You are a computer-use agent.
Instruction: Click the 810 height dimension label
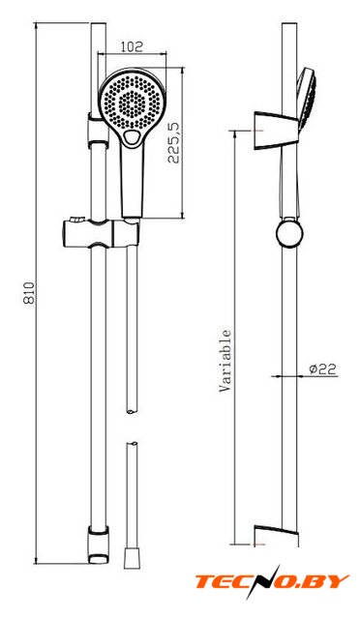29,292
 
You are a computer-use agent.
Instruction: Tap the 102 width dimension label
132,46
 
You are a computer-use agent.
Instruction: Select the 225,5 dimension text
174,142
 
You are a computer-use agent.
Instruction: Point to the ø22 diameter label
322,368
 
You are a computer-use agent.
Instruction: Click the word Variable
225,361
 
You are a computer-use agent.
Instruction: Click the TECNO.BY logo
272,581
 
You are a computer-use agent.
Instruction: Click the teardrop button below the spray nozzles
131,137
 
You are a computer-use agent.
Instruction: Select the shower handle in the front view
132,182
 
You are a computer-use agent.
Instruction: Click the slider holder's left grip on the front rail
76,233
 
